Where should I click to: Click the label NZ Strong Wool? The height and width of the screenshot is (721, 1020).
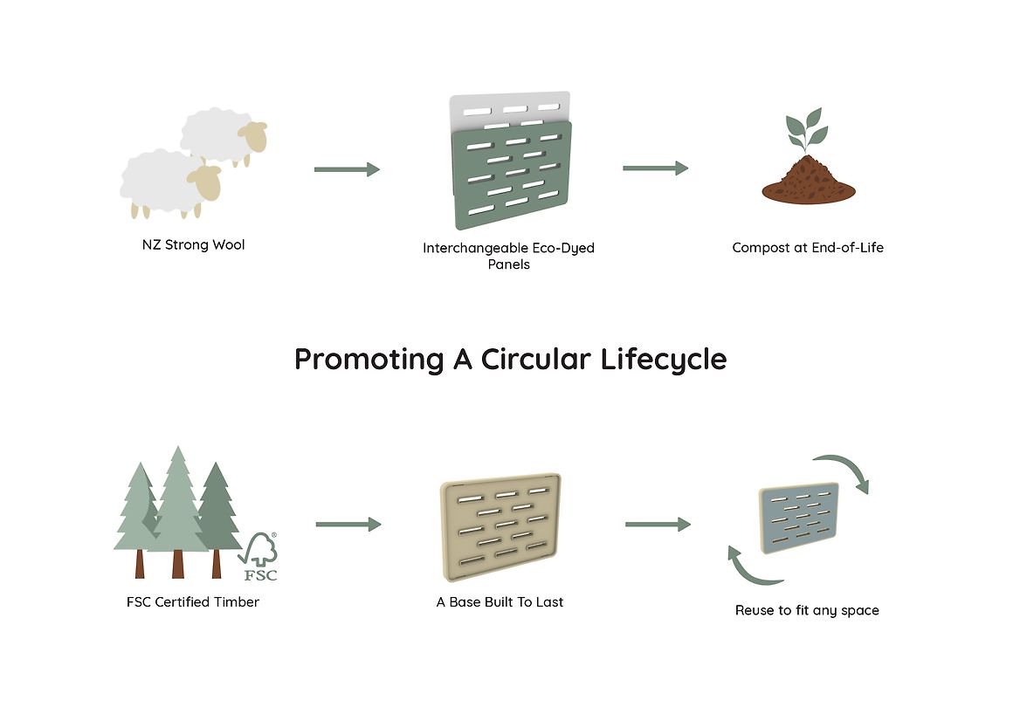193,245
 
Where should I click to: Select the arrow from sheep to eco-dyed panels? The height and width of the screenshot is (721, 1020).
347,169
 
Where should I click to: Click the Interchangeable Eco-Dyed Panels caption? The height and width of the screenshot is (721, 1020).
508,256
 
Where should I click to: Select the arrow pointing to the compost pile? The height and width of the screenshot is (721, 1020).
655,168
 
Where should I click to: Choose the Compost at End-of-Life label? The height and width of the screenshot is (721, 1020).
808,248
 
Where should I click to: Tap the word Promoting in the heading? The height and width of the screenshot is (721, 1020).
369,359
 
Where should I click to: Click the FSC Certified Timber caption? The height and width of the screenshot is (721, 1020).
193,601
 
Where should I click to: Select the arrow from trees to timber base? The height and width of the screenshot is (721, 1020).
348,525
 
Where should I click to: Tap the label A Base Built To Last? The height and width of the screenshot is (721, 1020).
500,602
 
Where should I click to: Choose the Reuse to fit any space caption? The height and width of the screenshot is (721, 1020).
807,610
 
